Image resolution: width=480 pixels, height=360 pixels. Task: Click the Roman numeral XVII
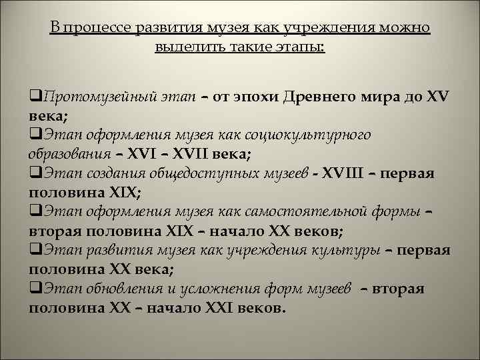197,154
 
